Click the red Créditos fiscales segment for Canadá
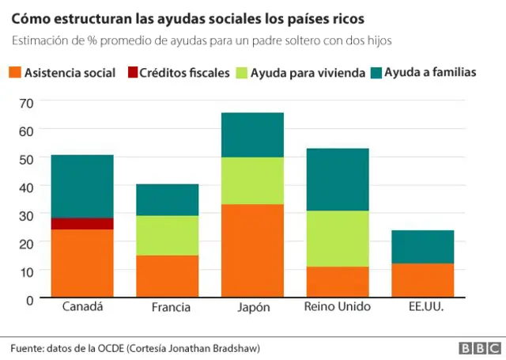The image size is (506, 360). [x=82, y=224]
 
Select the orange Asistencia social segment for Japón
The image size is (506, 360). [x=252, y=251]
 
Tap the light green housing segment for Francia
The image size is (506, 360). [x=167, y=236]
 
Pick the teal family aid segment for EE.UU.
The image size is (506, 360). [x=422, y=247]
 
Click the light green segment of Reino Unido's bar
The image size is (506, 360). [x=337, y=239]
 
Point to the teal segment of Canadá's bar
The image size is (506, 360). [x=82, y=186]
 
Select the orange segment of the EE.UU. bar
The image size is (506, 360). [x=422, y=280]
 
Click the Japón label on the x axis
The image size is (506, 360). [x=252, y=307]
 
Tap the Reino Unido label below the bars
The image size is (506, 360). [x=337, y=307]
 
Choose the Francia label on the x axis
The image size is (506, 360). [x=167, y=307]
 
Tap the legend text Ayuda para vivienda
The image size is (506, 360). [x=307, y=73]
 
